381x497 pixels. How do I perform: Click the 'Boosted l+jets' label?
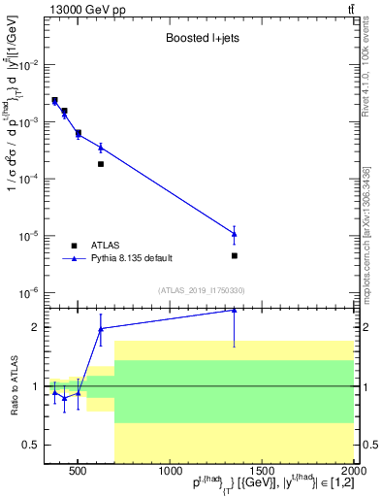point(198,39)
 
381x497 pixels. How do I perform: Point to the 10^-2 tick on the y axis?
point(29,65)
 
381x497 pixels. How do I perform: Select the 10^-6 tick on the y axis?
point(29,292)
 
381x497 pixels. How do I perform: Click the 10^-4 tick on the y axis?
point(29,179)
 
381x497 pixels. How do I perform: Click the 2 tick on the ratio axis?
point(37,327)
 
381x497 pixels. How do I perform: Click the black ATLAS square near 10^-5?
point(235,255)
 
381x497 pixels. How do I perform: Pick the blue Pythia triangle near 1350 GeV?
point(235,233)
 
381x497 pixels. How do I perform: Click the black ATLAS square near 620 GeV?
point(101,164)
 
